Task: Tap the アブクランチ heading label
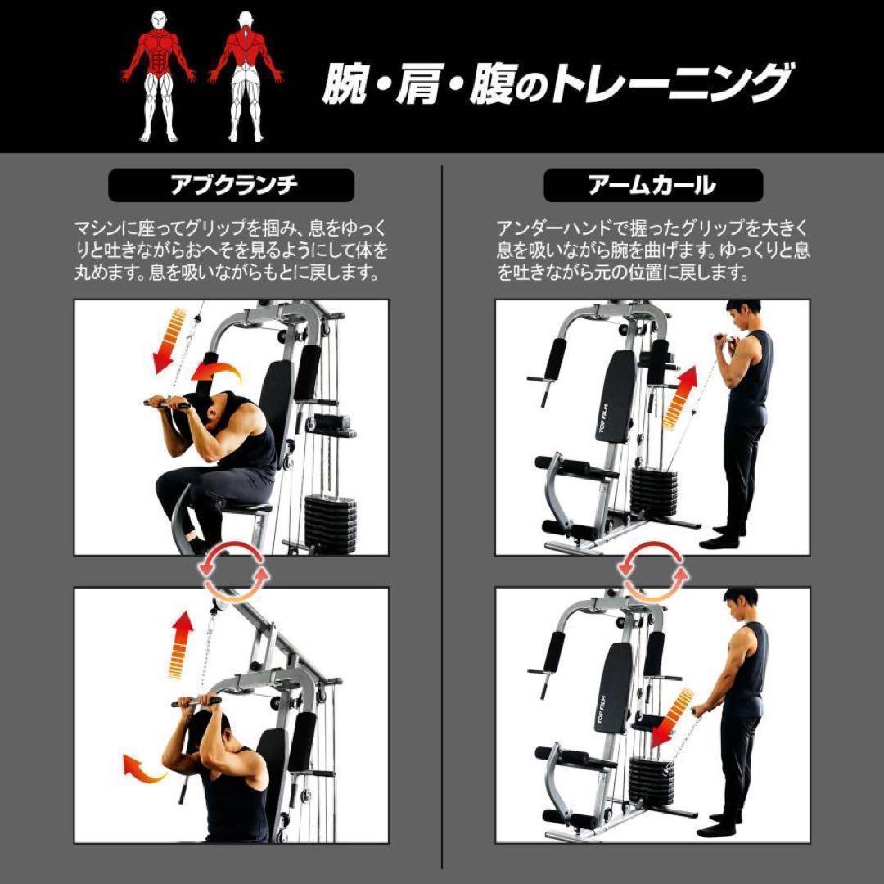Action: click(232, 185)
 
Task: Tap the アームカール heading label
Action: click(652, 185)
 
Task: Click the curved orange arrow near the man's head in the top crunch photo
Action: click(217, 373)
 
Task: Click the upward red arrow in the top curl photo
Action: click(679, 398)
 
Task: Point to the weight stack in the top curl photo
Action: click(653, 491)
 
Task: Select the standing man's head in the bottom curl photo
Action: click(740, 605)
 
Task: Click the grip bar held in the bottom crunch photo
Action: click(196, 701)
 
